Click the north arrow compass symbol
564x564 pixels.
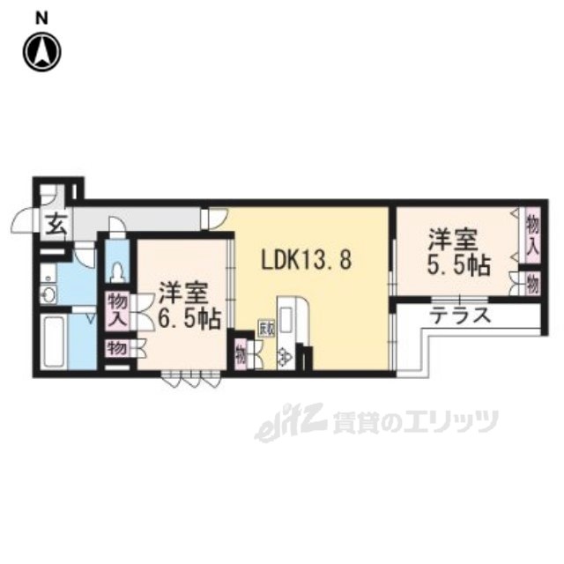tap(41, 51)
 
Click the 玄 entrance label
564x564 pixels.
tap(56, 225)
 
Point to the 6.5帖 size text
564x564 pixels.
tap(189, 319)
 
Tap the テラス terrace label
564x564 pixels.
tap(460, 315)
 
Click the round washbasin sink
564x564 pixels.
tap(48, 295)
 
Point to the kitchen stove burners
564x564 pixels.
tap(285, 356)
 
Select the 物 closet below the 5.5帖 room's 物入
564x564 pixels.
tap(532, 284)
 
